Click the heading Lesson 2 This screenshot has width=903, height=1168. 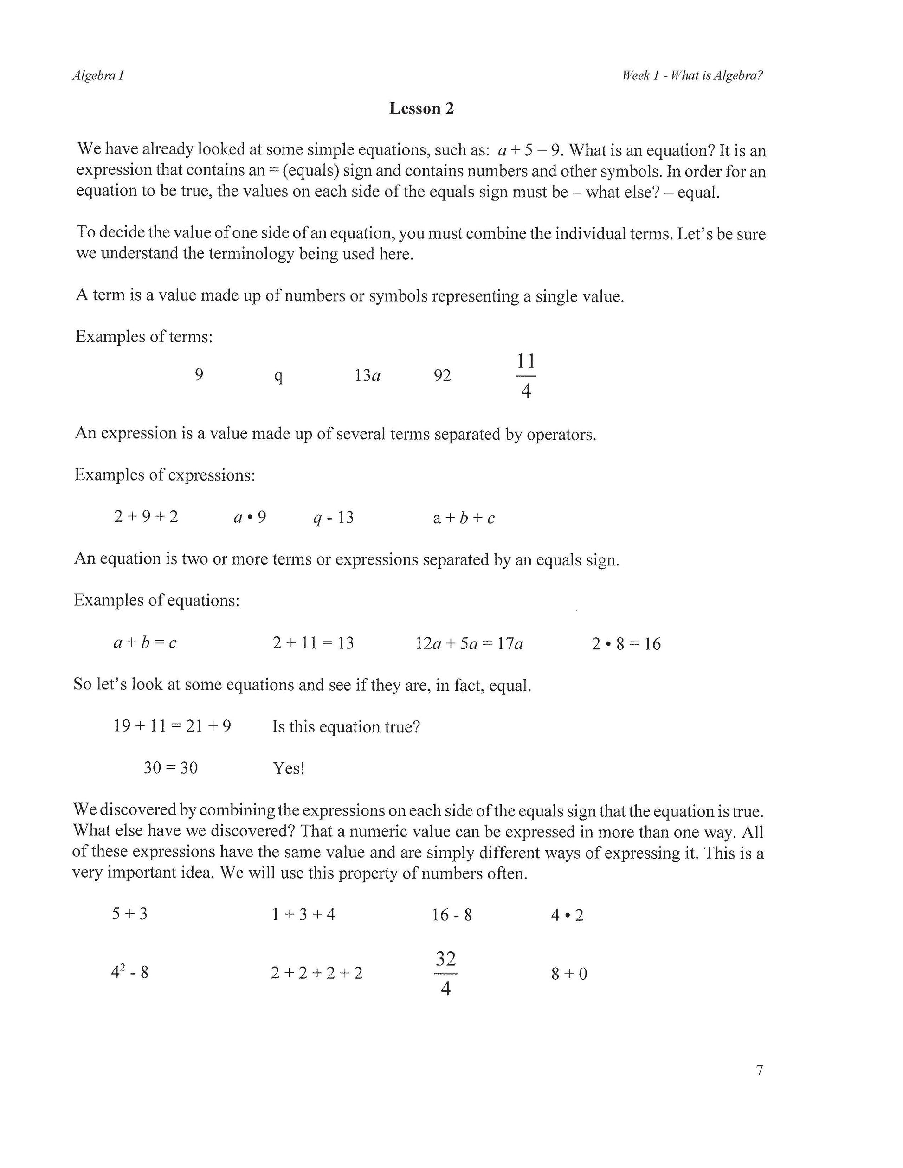[x=421, y=109]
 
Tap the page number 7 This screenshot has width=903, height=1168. [x=760, y=1070]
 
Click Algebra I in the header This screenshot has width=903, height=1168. [x=98, y=76]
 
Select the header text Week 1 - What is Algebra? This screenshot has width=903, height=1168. [x=692, y=76]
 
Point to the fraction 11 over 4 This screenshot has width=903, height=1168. [x=526, y=376]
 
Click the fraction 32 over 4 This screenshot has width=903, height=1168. [x=445, y=973]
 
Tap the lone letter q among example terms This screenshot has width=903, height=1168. [x=278, y=377]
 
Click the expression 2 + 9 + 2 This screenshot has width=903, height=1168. [x=146, y=517]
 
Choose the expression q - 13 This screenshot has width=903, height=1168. [x=333, y=518]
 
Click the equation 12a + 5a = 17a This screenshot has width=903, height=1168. [x=469, y=643]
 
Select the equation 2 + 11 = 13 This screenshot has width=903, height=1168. [x=313, y=643]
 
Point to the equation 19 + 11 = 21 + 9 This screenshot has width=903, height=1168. [x=172, y=726]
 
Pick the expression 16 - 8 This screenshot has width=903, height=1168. [x=452, y=915]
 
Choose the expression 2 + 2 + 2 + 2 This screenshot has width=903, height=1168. [x=316, y=973]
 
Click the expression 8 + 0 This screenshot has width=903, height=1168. [x=569, y=973]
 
